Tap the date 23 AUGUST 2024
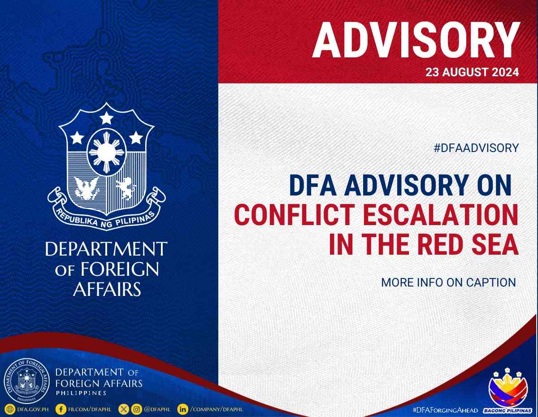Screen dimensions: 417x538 click(x=472, y=72)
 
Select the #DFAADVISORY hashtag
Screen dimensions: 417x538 click(x=476, y=148)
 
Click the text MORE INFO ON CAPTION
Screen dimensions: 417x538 click(x=448, y=282)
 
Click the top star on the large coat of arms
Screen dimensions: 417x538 click(x=106, y=118)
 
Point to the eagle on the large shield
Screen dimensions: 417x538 click(x=87, y=187)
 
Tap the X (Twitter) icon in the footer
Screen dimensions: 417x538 click(x=124, y=409)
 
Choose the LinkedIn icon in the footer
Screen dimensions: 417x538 click(x=182, y=409)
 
